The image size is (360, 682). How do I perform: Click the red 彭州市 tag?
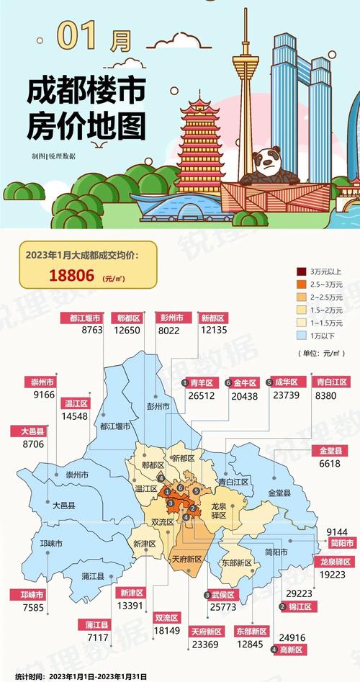(x=176, y=318)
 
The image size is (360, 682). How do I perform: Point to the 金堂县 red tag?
(x=329, y=451)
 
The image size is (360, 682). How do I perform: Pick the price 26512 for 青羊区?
(x=201, y=395)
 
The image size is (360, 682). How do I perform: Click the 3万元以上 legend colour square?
(x=301, y=271)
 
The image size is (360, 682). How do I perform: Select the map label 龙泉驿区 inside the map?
(x=219, y=511)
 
